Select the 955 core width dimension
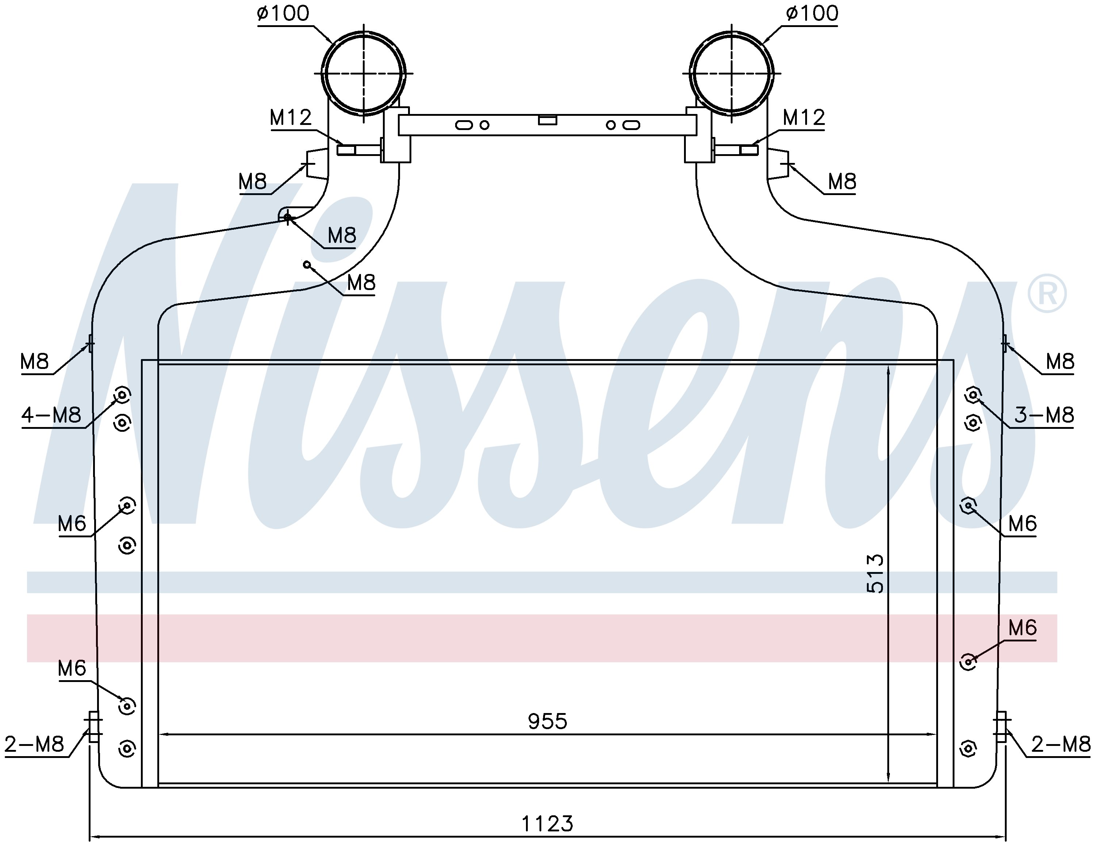tap(547, 721)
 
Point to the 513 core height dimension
tap(875, 573)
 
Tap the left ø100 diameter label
tap(283, 14)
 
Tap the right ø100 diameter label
tap(812, 14)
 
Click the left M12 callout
tap(291, 118)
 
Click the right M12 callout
tap(804, 118)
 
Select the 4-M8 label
tap(51, 415)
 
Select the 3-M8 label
tap(1044, 415)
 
